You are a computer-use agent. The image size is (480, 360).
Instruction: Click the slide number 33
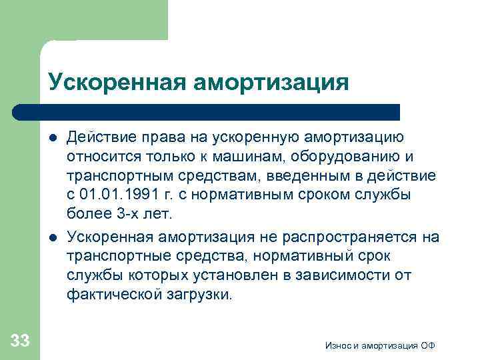21,341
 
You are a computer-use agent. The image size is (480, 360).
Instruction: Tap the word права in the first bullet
161,138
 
